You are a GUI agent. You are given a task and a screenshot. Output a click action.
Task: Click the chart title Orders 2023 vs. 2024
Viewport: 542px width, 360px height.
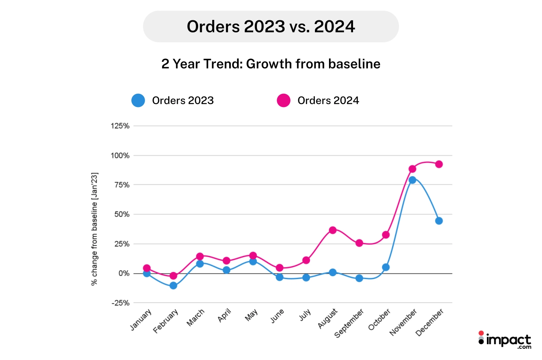pyautogui.click(x=271, y=27)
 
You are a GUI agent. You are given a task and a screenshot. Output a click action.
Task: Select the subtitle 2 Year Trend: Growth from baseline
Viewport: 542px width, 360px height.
pyautogui.click(x=271, y=64)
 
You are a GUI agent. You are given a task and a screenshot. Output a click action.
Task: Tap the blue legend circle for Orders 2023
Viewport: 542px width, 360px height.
pyautogui.click(x=138, y=100)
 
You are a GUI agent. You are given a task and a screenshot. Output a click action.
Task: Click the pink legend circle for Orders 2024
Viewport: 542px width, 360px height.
pyautogui.click(x=283, y=100)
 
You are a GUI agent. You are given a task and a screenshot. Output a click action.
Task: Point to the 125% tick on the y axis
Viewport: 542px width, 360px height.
pyautogui.click(x=120, y=126)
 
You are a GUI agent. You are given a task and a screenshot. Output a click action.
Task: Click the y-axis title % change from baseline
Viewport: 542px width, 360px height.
pyautogui.click(x=95, y=229)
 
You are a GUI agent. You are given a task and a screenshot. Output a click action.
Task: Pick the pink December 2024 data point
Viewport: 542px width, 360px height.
pyautogui.click(x=439, y=164)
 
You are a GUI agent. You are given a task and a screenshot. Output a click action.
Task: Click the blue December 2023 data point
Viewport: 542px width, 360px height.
pyautogui.click(x=439, y=221)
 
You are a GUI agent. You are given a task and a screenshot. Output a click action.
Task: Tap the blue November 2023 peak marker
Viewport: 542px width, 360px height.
pyautogui.click(x=412, y=180)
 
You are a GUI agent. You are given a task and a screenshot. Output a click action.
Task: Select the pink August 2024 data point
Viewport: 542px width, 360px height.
pyautogui.click(x=332, y=230)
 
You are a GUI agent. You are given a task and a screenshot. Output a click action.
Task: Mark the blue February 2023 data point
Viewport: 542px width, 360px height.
pyautogui.click(x=173, y=285)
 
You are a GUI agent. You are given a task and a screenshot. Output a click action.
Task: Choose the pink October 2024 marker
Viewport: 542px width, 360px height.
pyautogui.click(x=386, y=235)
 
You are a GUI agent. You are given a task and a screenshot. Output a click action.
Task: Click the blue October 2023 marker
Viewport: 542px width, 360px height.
pyautogui.click(x=386, y=267)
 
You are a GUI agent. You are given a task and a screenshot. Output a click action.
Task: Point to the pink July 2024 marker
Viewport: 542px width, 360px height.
pyautogui.click(x=306, y=260)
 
